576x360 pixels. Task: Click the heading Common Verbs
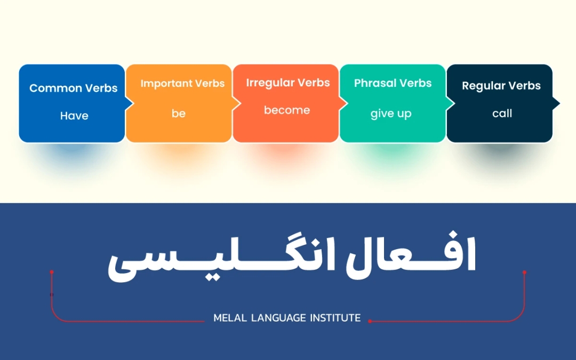pos(74,89)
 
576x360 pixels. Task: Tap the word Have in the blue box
pos(74,116)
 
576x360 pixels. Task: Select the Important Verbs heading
pos(182,84)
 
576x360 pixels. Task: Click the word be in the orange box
pos(179,114)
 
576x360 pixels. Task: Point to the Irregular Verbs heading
pos(288,83)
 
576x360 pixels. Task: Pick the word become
pos(287,110)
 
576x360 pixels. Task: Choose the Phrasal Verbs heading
pos(393,84)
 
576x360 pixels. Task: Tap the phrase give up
pos(391,114)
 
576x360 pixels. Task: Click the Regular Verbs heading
pos(501,86)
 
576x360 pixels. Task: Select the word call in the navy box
pos(502,114)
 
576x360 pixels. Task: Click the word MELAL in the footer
pos(229,318)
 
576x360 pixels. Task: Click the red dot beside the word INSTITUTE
pos(370,321)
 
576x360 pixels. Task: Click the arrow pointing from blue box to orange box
pos(129,103)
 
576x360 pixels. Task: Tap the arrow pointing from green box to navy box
pos(450,103)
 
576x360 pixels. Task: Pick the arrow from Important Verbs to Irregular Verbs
pos(236,103)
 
